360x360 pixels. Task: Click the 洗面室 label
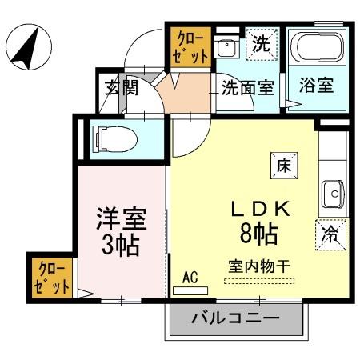click(x=248, y=87)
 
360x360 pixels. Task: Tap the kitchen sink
click(x=332, y=192)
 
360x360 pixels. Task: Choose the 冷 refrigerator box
click(x=330, y=234)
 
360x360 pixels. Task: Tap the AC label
click(x=190, y=278)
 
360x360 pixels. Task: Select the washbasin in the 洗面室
click(x=227, y=47)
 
